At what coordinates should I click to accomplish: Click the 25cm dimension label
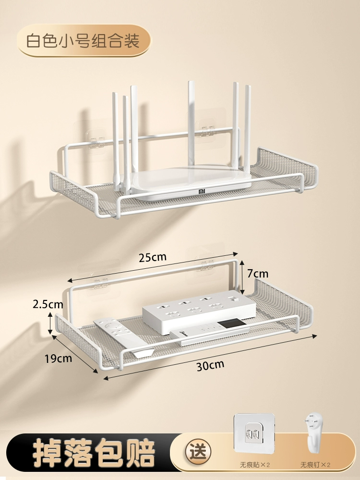(153, 257)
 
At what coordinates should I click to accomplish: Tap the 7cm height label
(257, 274)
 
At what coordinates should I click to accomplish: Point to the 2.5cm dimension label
(48, 304)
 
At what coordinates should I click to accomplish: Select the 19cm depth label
(58, 358)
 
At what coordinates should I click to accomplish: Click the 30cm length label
(210, 365)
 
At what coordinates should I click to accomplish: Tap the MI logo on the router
(202, 192)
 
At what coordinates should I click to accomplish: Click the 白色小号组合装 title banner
(83, 40)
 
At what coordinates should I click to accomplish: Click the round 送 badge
(198, 452)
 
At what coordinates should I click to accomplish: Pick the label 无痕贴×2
(255, 465)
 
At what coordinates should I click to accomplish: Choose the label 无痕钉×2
(315, 465)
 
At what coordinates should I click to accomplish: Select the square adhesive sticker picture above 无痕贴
(254, 433)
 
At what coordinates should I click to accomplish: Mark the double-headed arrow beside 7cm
(242, 277)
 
